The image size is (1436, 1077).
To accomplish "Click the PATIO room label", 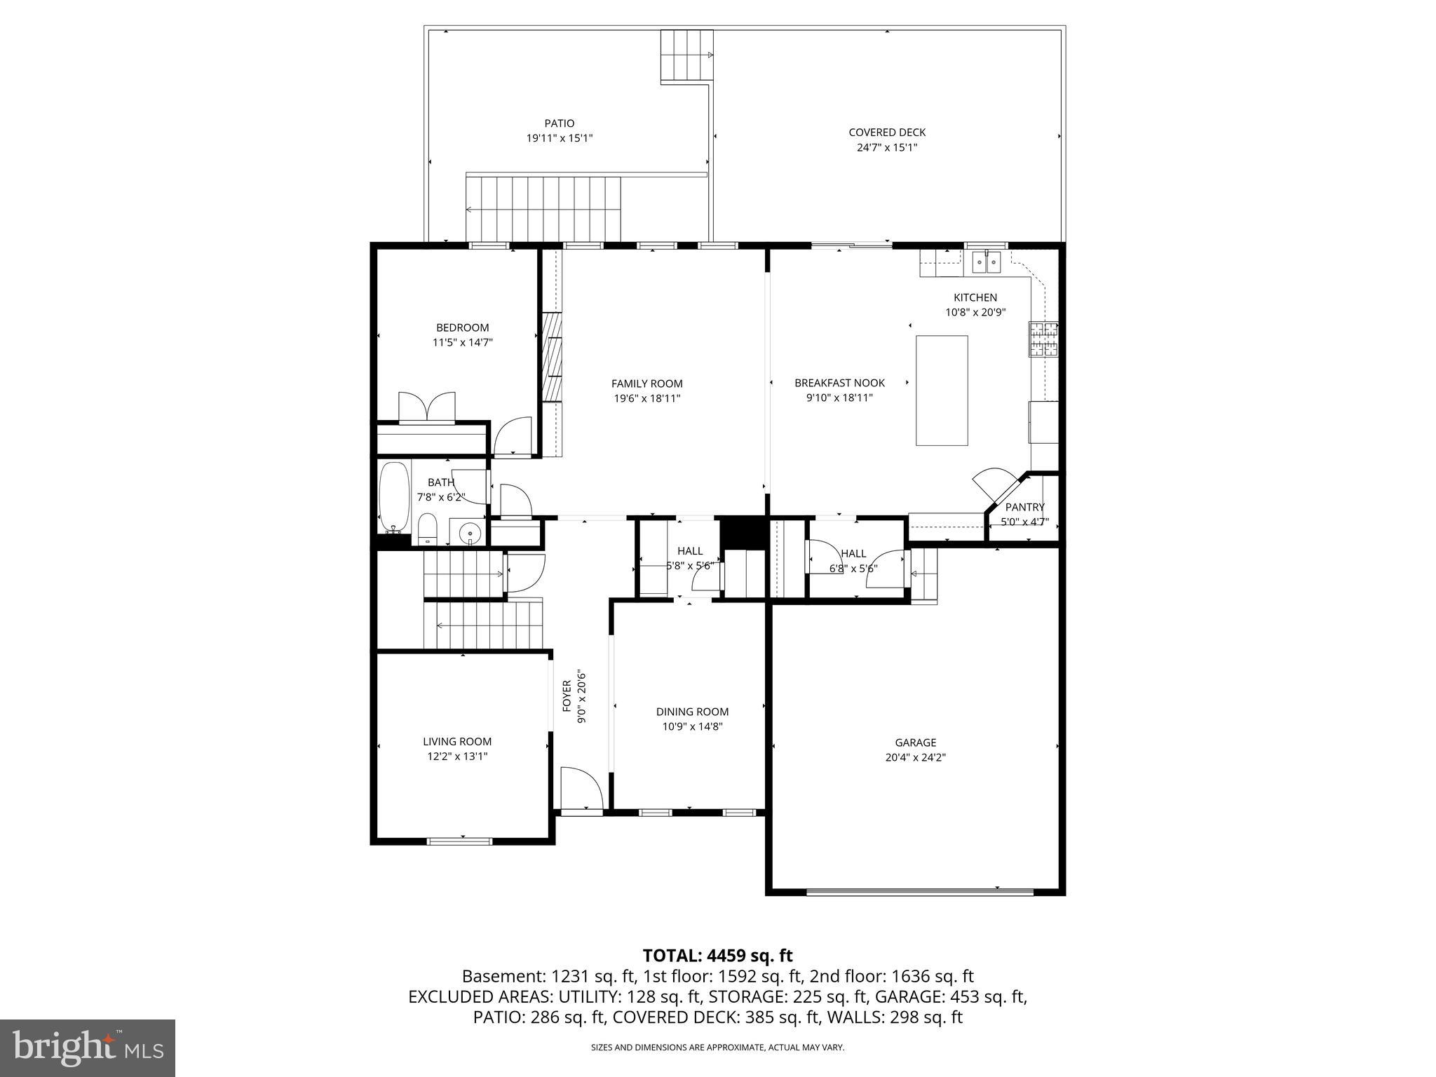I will tap(559, 123).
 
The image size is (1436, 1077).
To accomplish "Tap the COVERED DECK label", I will tap(887, 132).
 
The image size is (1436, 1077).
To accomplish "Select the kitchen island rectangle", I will tap(942, 390).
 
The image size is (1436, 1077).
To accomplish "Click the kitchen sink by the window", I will tap(986, 262).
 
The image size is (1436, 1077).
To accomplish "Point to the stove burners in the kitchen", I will tap(1043, 339).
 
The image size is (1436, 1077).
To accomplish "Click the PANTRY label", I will tap(1024, 507).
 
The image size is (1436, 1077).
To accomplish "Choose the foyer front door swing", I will tap(581, 789).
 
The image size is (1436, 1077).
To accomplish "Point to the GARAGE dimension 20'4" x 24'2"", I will tap(915, 757).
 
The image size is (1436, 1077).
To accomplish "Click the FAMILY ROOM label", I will tap(646, 384).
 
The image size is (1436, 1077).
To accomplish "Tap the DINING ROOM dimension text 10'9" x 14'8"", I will tap(692, 726).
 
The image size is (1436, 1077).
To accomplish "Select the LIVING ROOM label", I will tap(457, 741).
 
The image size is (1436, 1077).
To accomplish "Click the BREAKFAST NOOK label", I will tap(839, 383).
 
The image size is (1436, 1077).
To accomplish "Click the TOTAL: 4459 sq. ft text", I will tap(717, 955).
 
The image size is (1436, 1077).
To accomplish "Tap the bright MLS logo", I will tap(88, 1048).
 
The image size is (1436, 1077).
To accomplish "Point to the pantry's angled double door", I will tap(995, 485).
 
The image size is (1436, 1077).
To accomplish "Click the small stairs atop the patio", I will tap(686, 56).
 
